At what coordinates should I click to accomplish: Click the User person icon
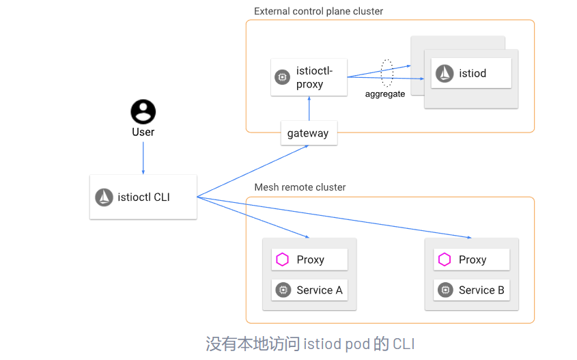(143, 111)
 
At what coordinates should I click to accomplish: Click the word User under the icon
(143, 132)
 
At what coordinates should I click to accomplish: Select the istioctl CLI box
(143, 197)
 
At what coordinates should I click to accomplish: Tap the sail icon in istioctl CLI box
(104, 197)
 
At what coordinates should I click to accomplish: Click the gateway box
(308, 133)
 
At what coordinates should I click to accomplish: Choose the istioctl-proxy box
(309, 77)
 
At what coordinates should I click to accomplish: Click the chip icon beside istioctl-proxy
(282, 77)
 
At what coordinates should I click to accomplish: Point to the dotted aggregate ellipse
(386, 73)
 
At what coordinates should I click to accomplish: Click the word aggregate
(385, 94)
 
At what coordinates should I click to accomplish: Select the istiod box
(471, 73)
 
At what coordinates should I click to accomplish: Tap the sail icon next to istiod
(445, 73)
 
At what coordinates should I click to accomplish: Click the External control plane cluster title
(318, 12)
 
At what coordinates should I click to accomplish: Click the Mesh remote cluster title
(300, 187)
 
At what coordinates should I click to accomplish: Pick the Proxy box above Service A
(309, 260)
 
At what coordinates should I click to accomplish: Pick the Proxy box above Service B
(472, 260)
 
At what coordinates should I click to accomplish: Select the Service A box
(309, 290)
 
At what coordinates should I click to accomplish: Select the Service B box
(472, 290)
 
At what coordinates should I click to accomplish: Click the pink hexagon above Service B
(445, 260)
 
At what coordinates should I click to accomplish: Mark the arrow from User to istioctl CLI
(143, 157)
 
